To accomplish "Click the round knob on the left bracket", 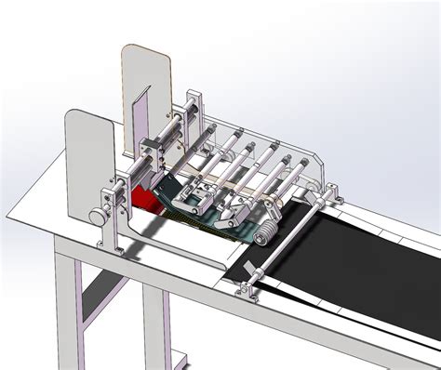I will [96, 216].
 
